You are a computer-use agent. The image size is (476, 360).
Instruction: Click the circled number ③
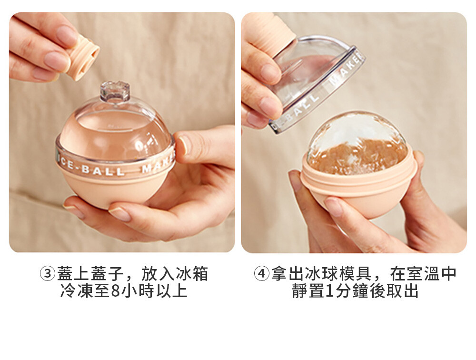pos(48,273)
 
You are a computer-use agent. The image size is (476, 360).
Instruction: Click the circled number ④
pos(261,273)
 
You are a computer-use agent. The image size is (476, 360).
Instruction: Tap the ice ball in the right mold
pos(357,143)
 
